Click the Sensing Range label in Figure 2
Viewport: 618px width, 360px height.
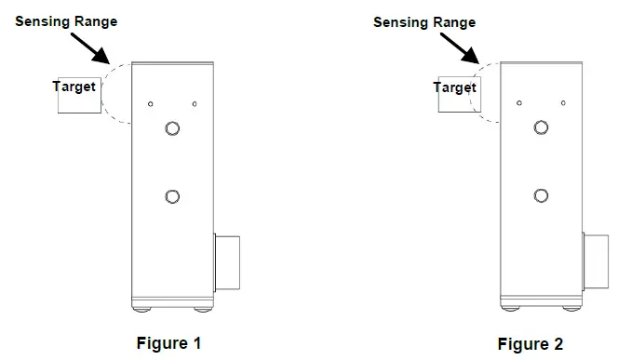pyautogui.click(x=424, y=22)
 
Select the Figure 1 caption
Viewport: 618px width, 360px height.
pyautogui.click(x=168, y=342)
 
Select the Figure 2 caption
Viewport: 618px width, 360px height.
pyautogui.click(x=531, y=343)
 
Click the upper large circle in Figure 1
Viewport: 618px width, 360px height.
pyautogui.click(x=172, y=128)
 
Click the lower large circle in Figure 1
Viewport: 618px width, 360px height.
pyautogui.click(x=172, y=196)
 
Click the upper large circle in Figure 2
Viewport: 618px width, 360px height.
pyautogui.click(x=541, y=128)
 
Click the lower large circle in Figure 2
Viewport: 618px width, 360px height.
pyautogui.click(x=541, y=195)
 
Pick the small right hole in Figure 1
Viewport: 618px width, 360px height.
pyautogui.click(x=195, y=103)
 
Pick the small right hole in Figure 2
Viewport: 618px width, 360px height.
pyautogui.click(x=563, y=102)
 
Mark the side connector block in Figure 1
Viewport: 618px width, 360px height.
pyautogui.click(x=228, y=264)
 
